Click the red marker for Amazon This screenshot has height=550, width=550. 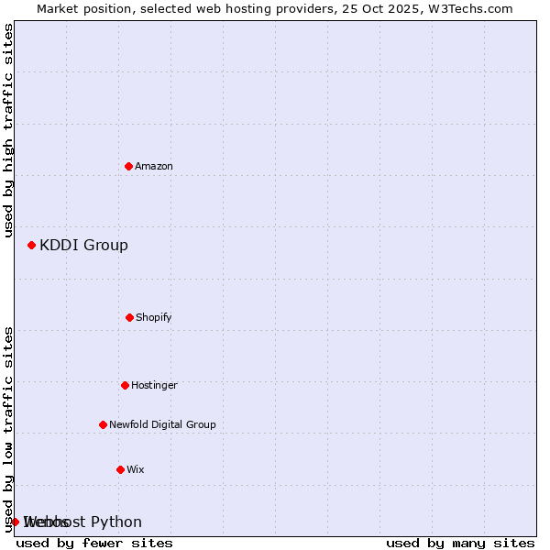(x=128, y=166)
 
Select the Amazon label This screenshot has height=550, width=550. (x=154, y=167)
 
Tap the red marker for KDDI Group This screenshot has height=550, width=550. (x=31, y=245)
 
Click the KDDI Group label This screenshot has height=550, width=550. (x=83, y=246)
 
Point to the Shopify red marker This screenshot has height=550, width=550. (x=129, y=317)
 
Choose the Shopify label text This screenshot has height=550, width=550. (x=154, y=318)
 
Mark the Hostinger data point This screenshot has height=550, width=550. (x=125, y=385)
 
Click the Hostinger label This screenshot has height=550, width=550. (x=154, y=386)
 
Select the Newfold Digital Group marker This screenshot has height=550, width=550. (x=103, y=424)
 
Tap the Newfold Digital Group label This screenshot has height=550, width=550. (x=162, y=425)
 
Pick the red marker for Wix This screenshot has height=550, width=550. (x=120, y=469)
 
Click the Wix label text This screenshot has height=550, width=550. (x=136, y=470)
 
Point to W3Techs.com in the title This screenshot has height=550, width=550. (x=467, y=9)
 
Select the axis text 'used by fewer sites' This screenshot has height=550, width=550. (x=94, y=544)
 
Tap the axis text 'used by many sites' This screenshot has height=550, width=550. (x=460, y=544)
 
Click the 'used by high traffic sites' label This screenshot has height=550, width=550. (x=9, y=130)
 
